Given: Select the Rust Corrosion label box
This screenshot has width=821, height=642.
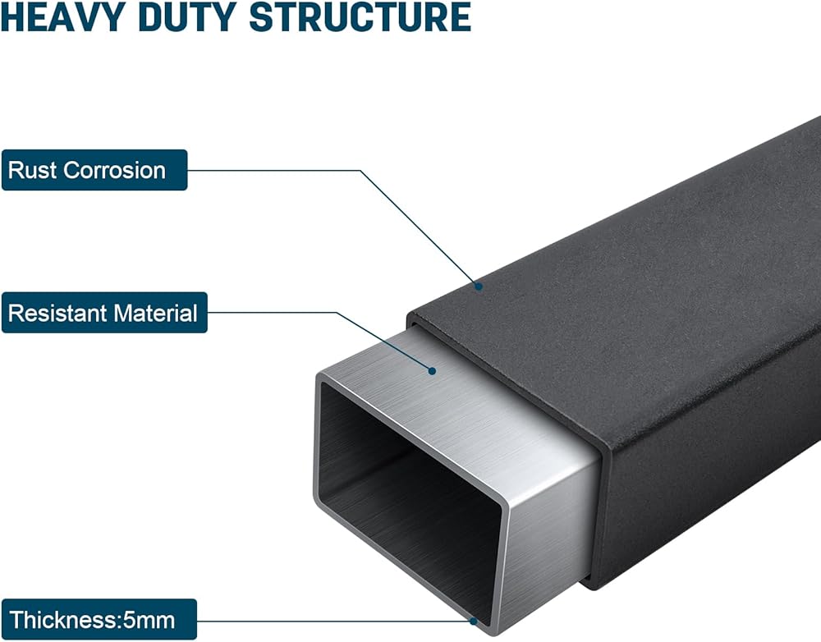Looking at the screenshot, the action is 94,170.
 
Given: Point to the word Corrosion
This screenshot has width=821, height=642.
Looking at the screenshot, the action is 115,170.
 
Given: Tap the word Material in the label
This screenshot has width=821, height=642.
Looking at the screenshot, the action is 156,313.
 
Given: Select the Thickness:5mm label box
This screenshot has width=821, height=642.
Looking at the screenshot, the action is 99,619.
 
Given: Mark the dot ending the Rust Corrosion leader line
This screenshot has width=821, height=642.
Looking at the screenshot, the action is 479,287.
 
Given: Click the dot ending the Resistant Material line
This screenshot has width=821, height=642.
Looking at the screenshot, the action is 430,371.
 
